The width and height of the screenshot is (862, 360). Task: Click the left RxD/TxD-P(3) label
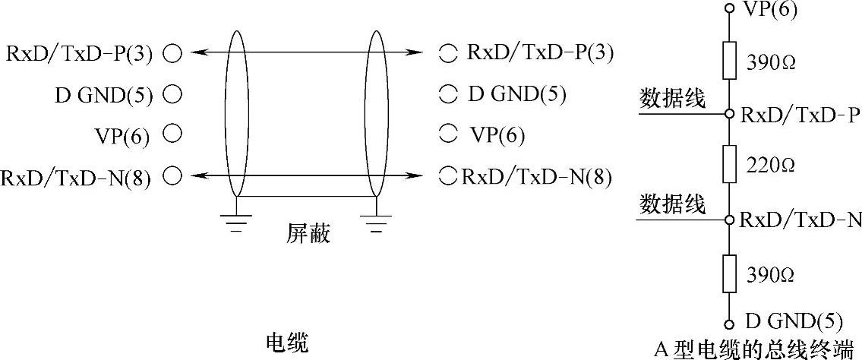click(x=80, y=54)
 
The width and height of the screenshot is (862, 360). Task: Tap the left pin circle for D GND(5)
click(x=173, y=95)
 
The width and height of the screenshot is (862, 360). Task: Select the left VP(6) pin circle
click(x=173, y=134)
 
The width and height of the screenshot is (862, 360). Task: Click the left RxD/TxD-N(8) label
click(x=76, y=178)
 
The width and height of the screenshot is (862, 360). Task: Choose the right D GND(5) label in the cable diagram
click(x=516, y=95)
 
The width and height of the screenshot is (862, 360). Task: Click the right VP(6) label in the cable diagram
click(x=497, y=135)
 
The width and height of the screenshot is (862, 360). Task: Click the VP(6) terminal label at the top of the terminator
click(x=770, y=11)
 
